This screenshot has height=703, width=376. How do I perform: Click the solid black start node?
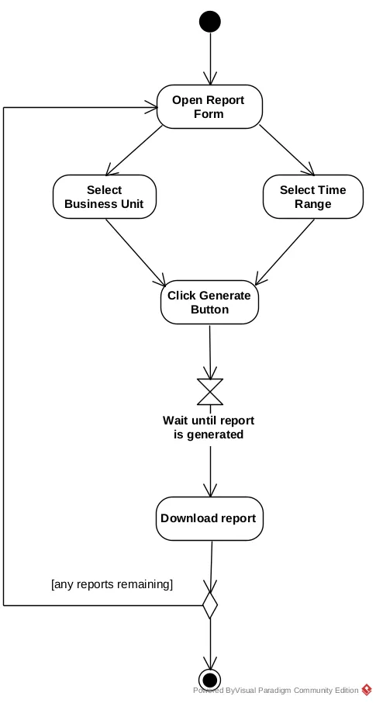tap(210, 22)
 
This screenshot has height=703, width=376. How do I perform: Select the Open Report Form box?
tap(209, 107)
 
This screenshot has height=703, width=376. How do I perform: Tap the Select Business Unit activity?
tap(105, 197)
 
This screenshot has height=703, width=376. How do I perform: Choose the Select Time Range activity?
tap(312, 197)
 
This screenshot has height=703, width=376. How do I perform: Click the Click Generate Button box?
tap(210, 302)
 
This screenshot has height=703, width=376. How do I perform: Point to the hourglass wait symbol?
tap(210, 392)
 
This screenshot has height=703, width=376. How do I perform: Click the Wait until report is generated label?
tap(209, 428)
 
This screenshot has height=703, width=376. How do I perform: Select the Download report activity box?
tap(209, 518)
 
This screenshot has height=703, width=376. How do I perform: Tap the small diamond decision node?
tap(210, 605)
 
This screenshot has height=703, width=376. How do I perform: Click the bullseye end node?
tap(210, 680)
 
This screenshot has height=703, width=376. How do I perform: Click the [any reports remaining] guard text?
tap(112, 584)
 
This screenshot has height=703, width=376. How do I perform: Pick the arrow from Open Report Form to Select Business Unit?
tap(134, 151)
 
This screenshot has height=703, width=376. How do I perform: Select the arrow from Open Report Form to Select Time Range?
tap(288, 150)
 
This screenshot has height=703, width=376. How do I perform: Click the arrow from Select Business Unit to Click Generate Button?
tap(136, 252)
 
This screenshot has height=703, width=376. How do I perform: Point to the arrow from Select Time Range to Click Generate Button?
tap(285, 252)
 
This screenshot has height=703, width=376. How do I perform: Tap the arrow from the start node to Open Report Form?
tap(210, 59)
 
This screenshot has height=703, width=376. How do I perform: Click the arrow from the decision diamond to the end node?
tap(210, 644)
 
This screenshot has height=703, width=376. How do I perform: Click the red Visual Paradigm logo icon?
tap(367, 690)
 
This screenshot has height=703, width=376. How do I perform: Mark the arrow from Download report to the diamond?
tap(211, 566)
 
